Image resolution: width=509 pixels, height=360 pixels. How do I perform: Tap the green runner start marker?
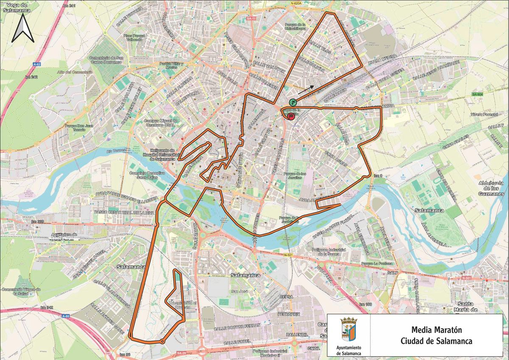[293, 102]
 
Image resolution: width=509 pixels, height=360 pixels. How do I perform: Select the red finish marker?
[291, 116]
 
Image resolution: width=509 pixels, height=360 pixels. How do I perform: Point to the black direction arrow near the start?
[306, 89]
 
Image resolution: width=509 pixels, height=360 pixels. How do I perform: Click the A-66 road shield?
[65, 316]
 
